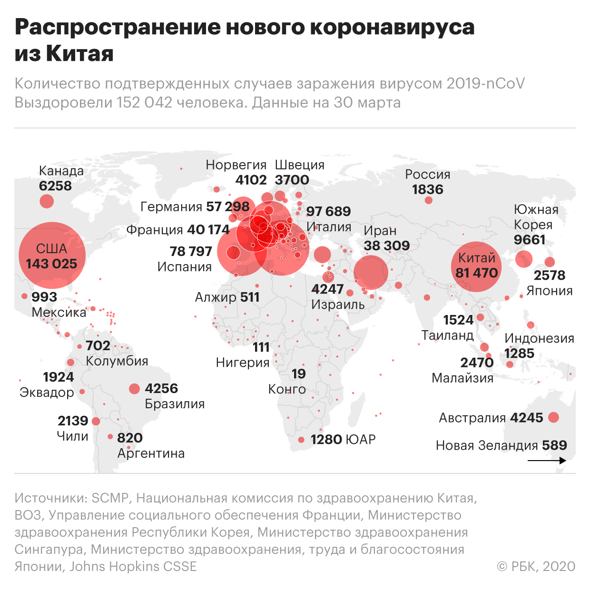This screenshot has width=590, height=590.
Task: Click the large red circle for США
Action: [x=52, y=256]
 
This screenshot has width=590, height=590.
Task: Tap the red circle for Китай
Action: [x=476, y=267]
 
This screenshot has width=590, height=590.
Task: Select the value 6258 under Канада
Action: [x=55, y=186]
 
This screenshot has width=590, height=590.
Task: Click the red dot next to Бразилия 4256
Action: [x=135, y=389]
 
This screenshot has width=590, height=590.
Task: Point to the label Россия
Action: [x=427, y=175]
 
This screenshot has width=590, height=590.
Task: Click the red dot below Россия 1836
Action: [x=428, y=200]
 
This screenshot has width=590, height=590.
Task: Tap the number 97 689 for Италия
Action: [x=328, y=211]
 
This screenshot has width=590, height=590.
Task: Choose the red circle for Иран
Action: [x=371, y=272]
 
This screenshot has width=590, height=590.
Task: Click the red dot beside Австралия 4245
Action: [x=553, y=418]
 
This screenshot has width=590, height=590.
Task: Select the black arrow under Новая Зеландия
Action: [x=547, y=461]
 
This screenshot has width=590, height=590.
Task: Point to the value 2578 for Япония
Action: [x=550, y=275]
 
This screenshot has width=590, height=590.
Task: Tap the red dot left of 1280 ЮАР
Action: [x=301, y=440]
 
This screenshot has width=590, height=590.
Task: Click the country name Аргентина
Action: [x=151, y=453]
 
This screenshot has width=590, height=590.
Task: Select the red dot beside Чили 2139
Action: [x=96, y=421]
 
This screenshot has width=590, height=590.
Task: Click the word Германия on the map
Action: [x=171, y=207]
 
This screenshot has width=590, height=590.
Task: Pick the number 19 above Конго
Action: [x=298, y=374]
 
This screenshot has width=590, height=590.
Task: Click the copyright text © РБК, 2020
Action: [x=536, y=566]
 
